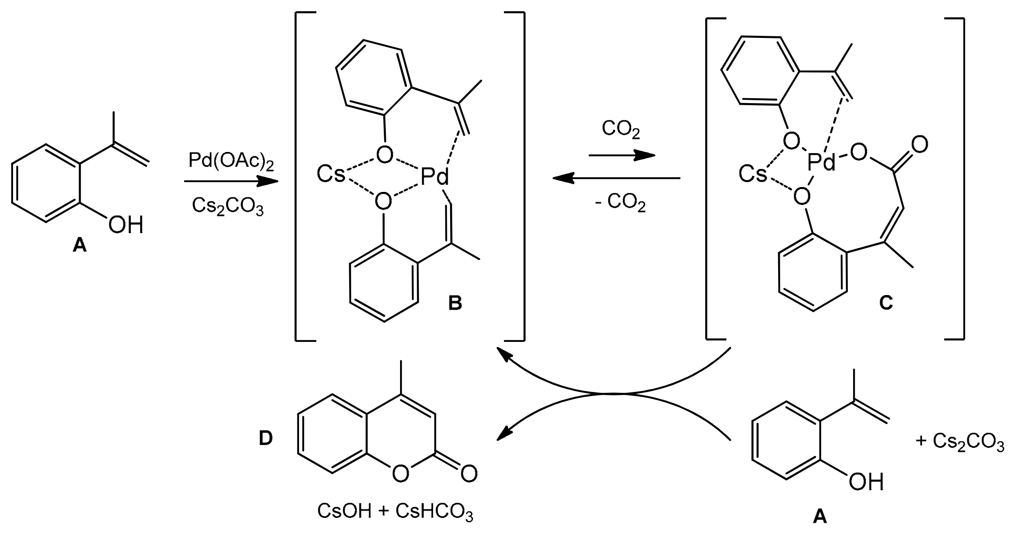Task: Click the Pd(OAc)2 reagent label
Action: (231, 162)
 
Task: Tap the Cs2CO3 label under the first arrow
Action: (228, 206)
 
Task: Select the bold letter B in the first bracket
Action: (455, 303)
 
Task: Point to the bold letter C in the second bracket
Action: (886, 303)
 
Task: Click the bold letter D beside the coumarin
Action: (266, 438)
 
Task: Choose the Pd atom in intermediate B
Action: (434, 178)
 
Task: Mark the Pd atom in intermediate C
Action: (821, 163)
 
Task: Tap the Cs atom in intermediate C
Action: (752, 174)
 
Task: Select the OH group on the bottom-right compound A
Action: (866, 482)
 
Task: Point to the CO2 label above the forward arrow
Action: (620, 130)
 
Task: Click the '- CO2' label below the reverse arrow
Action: (620, 203)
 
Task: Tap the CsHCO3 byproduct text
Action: (434, 512)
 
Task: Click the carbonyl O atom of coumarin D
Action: (469, 474)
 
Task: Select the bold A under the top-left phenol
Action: (79, 245)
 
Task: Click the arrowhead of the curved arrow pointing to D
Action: (502, 436)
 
